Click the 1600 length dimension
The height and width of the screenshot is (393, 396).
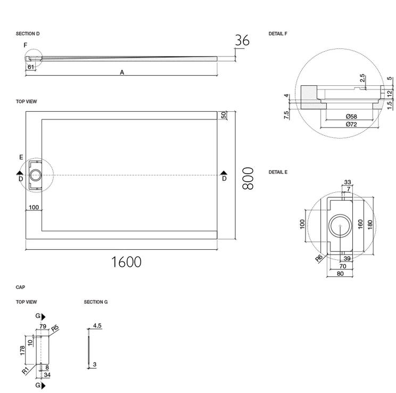point(126,261)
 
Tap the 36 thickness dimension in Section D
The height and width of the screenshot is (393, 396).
point(242,40)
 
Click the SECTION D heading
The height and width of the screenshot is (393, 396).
point(28,34)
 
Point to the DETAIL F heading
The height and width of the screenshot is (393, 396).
point(278,34)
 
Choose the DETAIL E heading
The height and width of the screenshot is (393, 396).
point(278,172)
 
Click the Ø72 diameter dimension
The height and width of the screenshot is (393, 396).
point(351,124)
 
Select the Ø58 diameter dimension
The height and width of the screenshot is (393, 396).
point(351,116)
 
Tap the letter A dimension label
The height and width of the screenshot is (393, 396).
point(122,72)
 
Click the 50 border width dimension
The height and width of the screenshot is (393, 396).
point(224,115)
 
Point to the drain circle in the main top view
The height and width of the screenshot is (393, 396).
point(37,175)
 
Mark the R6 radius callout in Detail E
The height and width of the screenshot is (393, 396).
point(319,258)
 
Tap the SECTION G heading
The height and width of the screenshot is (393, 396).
point(96,302)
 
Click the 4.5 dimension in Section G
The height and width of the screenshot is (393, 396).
point(97,325)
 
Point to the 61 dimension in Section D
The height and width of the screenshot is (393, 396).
point(31,67)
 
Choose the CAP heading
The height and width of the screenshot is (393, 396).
point(20,287)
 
